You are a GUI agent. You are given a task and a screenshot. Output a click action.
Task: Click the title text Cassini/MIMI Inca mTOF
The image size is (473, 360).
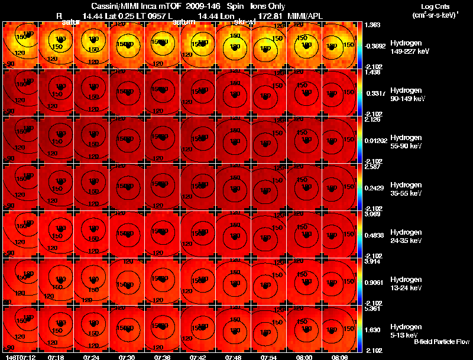click(x=131, y=6)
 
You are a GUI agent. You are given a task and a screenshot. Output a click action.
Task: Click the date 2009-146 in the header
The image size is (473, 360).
click(x=199, y=6)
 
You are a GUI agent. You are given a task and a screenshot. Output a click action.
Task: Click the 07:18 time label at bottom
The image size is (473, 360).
click(x=56, y=356)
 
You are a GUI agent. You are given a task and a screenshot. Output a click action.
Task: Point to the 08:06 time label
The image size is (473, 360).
click(x=340, y=356)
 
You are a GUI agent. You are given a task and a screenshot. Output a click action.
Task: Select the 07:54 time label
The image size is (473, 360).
click(x=269, y=356)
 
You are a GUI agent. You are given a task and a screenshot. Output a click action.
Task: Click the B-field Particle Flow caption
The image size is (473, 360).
click(x=442, y=342)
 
